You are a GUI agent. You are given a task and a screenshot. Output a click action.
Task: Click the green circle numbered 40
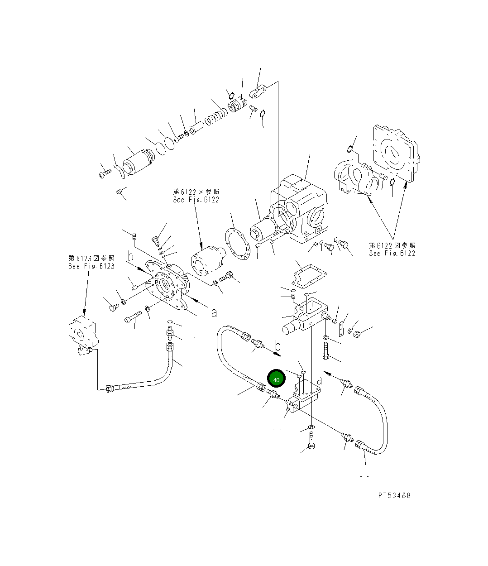(x=276, y=379)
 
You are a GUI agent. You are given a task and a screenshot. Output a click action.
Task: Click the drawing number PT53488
(x=394, y=495)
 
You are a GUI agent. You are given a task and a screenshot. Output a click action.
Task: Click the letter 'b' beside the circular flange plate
(x=131, y=257)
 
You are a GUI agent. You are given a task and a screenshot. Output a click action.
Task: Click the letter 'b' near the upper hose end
(x=278, y=347)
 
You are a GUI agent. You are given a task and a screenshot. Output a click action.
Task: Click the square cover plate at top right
(x=394, y=154)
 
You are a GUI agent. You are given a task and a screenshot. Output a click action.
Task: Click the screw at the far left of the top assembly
(x=104, y=173)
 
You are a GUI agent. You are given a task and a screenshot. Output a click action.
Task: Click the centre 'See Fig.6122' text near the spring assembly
(x=196, y=196)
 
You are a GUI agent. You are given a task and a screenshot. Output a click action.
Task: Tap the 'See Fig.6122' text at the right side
(x=392, y=249)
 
